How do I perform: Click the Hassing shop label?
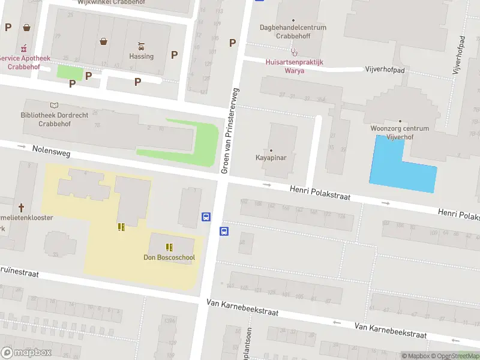pos(142,56)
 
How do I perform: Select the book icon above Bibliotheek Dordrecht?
pos(54,105)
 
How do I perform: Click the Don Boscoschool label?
pos(169,257)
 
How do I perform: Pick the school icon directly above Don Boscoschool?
pos(169,247)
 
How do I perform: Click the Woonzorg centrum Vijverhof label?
pos(400,132)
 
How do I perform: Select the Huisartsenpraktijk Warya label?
pos(294,66)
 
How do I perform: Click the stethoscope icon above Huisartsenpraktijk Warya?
pos(294,52)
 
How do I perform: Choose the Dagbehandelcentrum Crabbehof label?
pos(293,31)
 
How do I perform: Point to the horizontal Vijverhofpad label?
pos(385,70)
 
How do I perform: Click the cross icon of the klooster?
pos(21,208)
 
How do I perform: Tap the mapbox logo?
pos(26,352)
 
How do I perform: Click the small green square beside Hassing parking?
pos(70,72)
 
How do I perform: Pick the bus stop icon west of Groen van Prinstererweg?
pos(206,217)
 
